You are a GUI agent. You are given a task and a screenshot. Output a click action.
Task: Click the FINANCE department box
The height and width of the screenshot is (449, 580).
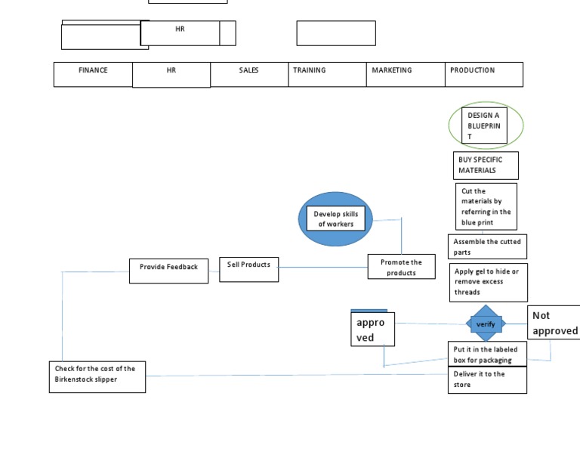93,74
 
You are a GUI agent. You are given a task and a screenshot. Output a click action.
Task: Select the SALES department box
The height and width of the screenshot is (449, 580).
249,74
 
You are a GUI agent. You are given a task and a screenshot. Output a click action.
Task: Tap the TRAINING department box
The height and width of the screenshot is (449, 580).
329,74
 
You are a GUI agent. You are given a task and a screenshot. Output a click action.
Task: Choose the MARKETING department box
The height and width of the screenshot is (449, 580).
406,74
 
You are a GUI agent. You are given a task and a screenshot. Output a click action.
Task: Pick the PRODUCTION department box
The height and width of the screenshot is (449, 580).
483,74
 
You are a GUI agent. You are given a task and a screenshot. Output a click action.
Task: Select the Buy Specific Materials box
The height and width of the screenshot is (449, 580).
487,165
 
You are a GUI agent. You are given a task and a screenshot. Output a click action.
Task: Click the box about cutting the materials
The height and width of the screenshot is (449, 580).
486,206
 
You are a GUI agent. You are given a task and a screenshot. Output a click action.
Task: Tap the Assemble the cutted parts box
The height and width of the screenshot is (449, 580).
487,246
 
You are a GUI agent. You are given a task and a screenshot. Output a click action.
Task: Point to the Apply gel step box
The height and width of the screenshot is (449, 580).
488,282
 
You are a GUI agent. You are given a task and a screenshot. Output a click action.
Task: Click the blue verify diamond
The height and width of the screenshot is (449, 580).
485,324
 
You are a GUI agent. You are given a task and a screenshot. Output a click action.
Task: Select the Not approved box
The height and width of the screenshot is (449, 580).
554,323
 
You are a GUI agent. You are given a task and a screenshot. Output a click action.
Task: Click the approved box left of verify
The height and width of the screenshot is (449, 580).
372,328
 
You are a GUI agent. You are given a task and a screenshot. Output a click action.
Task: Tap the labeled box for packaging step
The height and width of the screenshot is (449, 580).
486,354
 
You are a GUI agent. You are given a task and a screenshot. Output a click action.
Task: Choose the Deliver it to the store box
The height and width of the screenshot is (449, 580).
487,379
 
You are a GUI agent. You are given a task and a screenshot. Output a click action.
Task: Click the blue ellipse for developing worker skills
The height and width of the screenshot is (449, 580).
335,218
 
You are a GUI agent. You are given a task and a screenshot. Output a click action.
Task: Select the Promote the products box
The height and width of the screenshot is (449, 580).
402,267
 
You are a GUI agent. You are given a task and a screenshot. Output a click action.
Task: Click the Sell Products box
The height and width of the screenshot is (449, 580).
248,269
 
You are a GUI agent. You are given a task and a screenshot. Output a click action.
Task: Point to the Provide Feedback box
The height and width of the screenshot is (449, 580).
168,271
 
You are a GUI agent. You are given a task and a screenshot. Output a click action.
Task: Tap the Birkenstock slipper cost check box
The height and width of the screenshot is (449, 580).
97,376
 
